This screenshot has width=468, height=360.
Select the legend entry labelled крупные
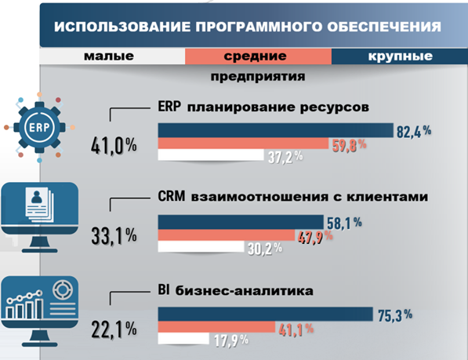pyautogui.click(x=400, y=57)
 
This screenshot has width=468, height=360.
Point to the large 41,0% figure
pyautogui.click(x=113, y=145)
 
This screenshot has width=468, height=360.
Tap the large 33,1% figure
pyautogui.click(x=113, y=235)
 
